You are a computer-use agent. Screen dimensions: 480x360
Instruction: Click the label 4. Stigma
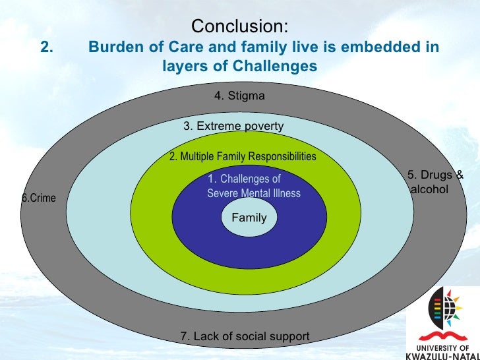click(239, 96)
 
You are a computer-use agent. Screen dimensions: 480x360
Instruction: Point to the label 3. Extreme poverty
click(233, 127)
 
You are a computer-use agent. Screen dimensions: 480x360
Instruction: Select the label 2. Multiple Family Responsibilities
click(243, 157)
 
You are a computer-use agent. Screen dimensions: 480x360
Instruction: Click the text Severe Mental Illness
click(253, 194)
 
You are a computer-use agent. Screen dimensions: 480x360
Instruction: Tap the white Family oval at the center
click(244, 218)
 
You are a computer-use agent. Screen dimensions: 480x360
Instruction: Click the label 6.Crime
click(40, 198)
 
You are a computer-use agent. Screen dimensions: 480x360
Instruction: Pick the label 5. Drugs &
click(435, 175)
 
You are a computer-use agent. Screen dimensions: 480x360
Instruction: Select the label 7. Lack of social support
click(245, 337)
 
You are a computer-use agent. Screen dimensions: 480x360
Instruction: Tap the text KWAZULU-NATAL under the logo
click(444, 355)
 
